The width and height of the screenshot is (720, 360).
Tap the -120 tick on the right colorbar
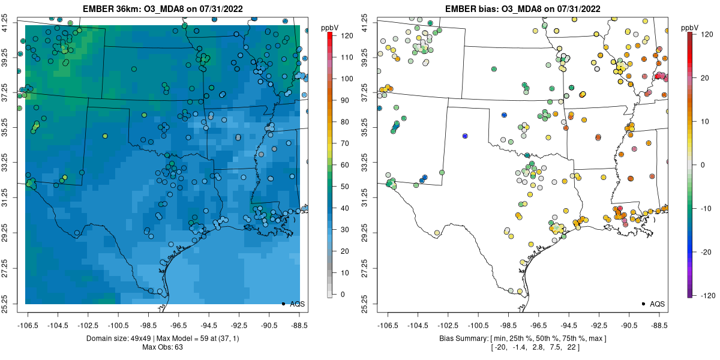tap(702, 295)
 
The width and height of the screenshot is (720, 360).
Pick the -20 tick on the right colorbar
tap(702, 251)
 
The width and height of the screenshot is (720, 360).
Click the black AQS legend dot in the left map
tap(283, 304)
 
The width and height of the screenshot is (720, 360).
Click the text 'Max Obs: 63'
tap(162, 347)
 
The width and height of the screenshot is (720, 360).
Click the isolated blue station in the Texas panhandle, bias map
tap(465, 136)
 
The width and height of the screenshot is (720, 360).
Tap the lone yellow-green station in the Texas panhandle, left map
tap(105, 136)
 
